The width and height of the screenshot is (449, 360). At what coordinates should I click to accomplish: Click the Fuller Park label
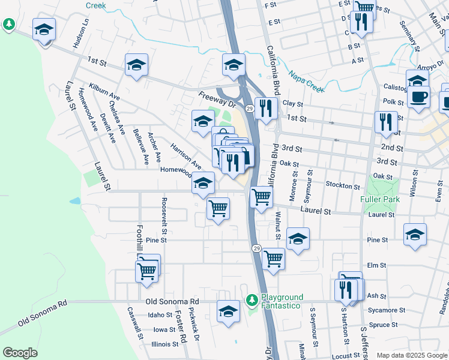[x=379, y=199]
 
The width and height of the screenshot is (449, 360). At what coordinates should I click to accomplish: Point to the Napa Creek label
[x=306, y=81]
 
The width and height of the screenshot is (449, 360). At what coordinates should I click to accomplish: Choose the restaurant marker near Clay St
[x=264, y=108]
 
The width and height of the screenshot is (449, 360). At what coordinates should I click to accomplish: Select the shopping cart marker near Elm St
[x=273, y=259]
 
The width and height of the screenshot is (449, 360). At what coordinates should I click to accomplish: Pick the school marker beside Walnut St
[x=298, y=239]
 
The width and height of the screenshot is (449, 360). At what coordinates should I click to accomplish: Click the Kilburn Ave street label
[x=104, y=92]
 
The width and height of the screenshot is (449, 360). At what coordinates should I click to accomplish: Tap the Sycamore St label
[x=387, y=310]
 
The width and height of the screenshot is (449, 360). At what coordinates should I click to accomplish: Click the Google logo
[x=20, y=353]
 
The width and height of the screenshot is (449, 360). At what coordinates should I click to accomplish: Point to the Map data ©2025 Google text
[x=412, y=355]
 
